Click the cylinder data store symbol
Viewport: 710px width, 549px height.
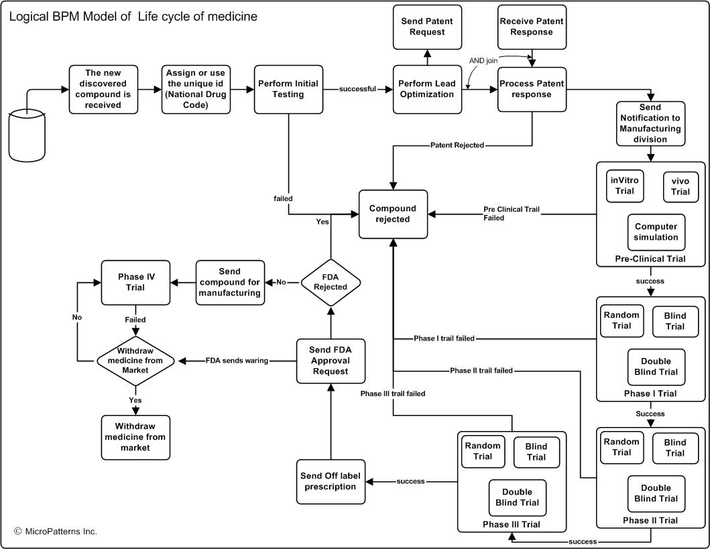click(27, 136)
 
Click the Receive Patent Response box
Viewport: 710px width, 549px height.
click(532, 26)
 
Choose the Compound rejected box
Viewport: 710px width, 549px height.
click(393, 214)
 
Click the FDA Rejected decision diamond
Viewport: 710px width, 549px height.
click(331, 282)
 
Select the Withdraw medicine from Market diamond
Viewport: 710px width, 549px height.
click(135, 361)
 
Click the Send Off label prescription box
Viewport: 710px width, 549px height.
click(331, 481)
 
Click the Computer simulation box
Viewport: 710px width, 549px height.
click(656, 232)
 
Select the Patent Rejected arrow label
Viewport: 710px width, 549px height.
click(457, 145)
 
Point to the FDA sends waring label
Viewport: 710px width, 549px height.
click(237, 361)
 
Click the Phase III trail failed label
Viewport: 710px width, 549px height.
click(393, 393)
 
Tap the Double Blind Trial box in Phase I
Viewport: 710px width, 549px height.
click(655, 367)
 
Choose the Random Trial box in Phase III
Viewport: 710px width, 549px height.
click(482, 451)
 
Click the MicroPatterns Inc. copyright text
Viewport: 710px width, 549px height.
click(56, 532)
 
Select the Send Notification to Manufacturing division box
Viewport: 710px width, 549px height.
click(649, 123)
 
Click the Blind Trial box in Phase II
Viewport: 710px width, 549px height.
click(674, 447)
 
